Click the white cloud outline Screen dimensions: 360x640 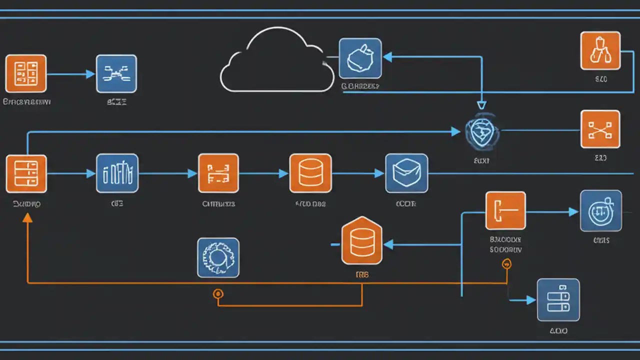(276, 62)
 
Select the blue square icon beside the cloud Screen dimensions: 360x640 (360, 58)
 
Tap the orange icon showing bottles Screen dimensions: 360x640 (600, 50)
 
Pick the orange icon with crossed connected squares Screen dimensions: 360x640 (600, 129)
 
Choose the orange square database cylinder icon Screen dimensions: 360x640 (310, 173)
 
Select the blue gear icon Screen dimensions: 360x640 (218, 257)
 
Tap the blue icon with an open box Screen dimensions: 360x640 (406, 173)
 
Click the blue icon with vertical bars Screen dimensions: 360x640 (117, 173)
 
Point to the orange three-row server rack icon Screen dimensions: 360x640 (26, 173)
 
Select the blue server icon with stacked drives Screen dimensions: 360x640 (558, 300)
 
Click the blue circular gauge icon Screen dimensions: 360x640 (600, 211)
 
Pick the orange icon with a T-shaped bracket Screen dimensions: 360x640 (505, 210)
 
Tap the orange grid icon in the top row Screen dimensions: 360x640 (26, 73)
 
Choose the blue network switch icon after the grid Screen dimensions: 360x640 (116, 73)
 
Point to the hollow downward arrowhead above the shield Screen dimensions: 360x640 (481, 105)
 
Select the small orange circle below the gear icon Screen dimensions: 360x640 (218, 293)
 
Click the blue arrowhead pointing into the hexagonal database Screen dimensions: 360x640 (388, 244)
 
